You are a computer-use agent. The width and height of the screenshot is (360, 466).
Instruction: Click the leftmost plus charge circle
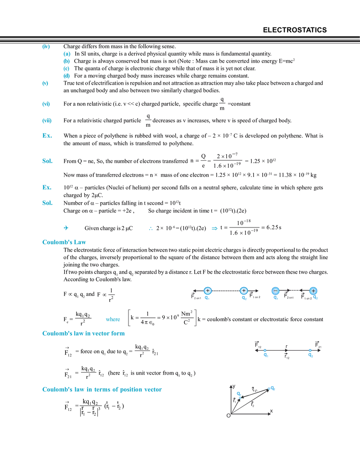point(208,290)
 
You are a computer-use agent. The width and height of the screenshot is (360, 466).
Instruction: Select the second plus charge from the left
point(244,290)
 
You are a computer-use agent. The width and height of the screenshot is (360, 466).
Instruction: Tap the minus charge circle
point(275,290)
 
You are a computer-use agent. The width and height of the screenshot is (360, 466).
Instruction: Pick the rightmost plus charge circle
point(313,290)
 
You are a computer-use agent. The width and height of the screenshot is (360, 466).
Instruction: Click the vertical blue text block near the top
point(67,65)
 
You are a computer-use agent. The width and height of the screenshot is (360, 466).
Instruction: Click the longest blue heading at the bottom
point(102,389)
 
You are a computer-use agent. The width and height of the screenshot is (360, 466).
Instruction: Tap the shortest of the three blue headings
point(64,242)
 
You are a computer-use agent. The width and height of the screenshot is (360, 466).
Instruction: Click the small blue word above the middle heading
point(113,319)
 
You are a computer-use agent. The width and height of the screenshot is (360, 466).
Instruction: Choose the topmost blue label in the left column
point(46,47)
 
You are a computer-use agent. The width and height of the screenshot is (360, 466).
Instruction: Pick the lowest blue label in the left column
point(47,203)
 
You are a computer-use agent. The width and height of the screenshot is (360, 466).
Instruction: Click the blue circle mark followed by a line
point(65,227)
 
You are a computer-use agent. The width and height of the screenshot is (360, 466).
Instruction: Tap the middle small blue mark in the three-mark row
point(151,229)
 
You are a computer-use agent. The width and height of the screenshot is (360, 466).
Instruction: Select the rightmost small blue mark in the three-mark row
point(214,229)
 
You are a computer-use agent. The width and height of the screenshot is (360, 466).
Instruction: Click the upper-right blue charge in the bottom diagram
point(272,388)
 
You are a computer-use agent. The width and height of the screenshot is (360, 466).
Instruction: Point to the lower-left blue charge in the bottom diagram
point(239,394)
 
